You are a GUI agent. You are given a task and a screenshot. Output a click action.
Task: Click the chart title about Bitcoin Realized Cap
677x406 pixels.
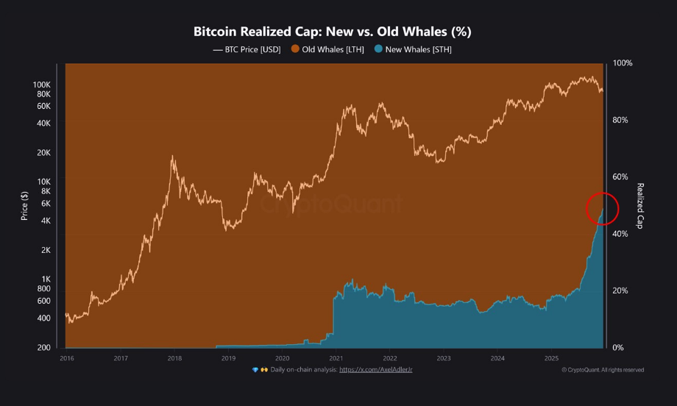[x=332, y=32]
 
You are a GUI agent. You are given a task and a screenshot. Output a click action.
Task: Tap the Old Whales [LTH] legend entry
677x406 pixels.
[x=327, y=49]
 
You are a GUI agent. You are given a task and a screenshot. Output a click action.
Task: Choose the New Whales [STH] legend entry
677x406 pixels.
[x=413, y=49]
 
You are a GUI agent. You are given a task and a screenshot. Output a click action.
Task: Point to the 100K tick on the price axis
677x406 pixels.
[x=41, y=85]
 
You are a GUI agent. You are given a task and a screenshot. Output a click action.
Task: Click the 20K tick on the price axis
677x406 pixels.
[x=43, y=153]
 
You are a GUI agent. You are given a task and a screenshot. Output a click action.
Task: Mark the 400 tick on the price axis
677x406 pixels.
[x=44, y=318]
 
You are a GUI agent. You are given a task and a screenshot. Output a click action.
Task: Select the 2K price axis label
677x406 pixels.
[x=46, y=250]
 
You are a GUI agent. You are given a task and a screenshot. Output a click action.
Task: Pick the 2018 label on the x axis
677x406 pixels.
[x=174, y=358]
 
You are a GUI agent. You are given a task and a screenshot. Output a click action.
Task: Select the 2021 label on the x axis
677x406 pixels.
[x=336, y=358]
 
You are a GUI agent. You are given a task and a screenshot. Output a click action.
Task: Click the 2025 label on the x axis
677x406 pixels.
[x=552, y=358]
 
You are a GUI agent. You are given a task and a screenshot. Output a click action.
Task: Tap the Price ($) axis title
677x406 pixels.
[x=24, y=205]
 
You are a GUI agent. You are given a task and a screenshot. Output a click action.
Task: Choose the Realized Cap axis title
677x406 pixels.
[x=639, y=205]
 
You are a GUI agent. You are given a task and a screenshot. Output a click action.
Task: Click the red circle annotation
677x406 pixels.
[x=602, y=208]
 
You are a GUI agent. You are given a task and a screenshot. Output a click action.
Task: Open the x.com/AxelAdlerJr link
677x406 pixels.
[x=375, y=370]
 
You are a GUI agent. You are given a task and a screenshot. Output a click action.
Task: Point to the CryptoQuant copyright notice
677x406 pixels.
[x=603, y=370]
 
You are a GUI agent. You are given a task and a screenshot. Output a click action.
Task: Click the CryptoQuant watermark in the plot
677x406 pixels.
[x=331, y=204]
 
